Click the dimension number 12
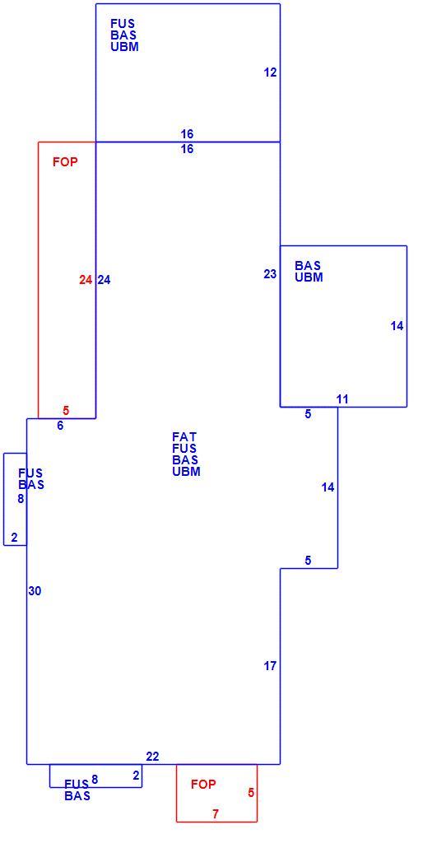pyautogui.click(x=270, y=72)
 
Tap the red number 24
pyautogui.click(x=85, y=280)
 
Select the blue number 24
pyautogui.click(x=104, y=280)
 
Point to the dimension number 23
pyautogui.click(x=270, y=274)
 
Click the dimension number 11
pyautogui.click(x=342, y=399)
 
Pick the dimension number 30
pyautogui.click(x=35, y=591)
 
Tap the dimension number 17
pyautogui.click(x=270, y=666)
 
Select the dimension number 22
pyautogui.click(x=153, y=757)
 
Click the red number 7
pyautogui.click(x=216, y=814)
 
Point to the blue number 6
pyautogui.click(x=60, y=425)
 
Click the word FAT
pyautogui.click(x=184, y=437)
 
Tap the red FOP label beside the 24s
pyautogui.click(x=65, y=162)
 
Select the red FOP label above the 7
pyautogui.click(x=203, y=785)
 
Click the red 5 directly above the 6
pyautogui.click(x=66, y=410)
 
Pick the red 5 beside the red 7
pyautogui.click(x=251, y=793)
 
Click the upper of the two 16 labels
pyautogui.click(x=188, y=134)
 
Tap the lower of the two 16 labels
pyautogui.click(x=188, y=149)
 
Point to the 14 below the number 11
pyautogui.click(x=328, y=487)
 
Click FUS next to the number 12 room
pyautogui.click(x=123, y=24)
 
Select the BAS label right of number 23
pyautogui.click(x=308, y=267)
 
